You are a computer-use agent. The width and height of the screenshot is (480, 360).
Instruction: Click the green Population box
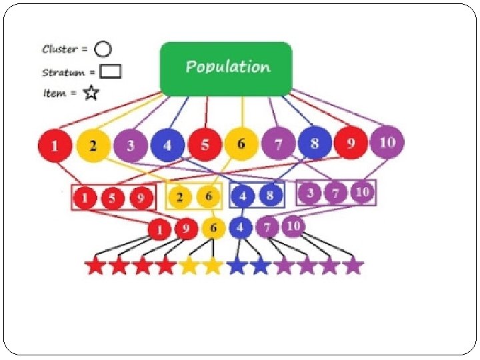226,68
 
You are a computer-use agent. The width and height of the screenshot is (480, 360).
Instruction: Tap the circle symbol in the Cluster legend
103,49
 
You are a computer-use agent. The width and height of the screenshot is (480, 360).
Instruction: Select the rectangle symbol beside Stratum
110,71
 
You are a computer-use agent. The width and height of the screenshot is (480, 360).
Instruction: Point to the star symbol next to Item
90,93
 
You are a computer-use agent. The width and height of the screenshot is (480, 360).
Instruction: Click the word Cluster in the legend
59,49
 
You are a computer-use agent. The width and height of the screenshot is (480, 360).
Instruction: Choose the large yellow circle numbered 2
93,145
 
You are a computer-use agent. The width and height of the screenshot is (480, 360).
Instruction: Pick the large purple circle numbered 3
130,145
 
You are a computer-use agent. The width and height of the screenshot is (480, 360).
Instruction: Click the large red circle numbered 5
204,145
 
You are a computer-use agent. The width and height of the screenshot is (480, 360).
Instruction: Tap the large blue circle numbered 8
315,143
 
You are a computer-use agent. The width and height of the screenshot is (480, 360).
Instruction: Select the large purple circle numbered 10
387,143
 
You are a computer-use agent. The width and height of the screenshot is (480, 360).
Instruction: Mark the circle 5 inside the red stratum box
113,198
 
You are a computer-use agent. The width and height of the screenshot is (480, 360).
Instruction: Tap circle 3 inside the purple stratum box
311,193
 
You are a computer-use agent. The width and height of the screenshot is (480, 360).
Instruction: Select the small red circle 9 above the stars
186,230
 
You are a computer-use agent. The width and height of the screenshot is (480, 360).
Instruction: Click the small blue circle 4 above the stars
241,228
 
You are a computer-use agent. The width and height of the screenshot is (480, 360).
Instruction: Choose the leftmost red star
95,266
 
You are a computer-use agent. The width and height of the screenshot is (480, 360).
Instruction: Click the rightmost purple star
353,265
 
